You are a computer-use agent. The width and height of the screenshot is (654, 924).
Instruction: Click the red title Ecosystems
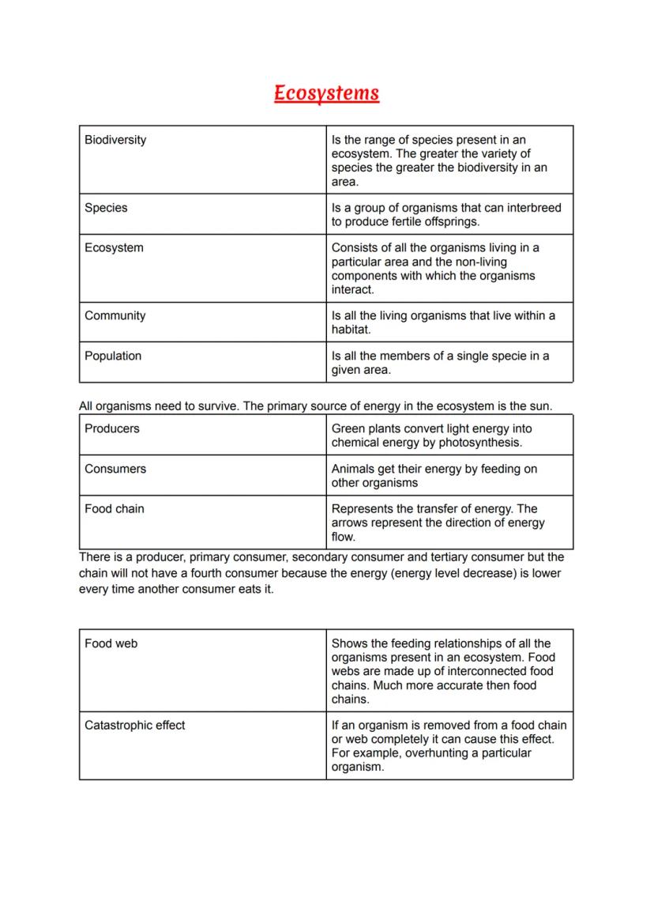pos(326,93)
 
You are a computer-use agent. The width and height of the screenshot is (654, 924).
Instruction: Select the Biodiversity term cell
pos(115,140)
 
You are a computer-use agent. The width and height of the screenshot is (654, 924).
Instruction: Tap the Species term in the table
pos(106,208)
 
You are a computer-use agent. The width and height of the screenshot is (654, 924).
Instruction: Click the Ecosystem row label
pos(114,247)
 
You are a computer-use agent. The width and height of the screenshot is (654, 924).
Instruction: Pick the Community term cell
pos(115,315)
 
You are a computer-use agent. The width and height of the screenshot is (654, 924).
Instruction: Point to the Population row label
pos(113,356)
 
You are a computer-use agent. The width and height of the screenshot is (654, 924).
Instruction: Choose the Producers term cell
pos(111,428)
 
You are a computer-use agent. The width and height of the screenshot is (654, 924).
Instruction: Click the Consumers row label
pos(115,469)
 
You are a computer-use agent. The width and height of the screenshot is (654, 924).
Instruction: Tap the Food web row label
pos(111,643)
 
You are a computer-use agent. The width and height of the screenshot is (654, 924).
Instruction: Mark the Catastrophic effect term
pos(135,725)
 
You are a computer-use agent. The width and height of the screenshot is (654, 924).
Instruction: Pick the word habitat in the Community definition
pos(350,330)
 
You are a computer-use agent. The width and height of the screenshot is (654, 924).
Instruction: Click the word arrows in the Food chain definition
pos(350,523)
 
